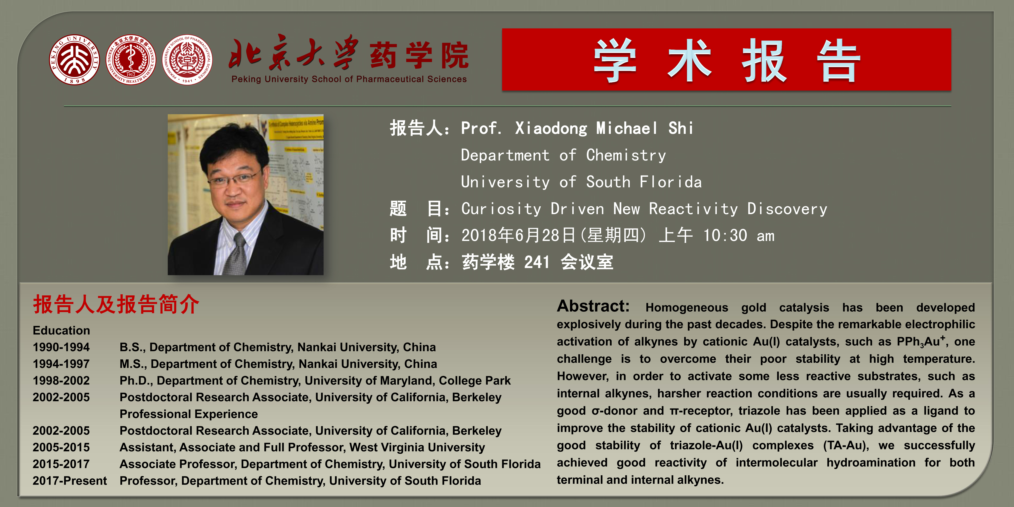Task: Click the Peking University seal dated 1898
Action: pyautogui.click(x=74, y=59)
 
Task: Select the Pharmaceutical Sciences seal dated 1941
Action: pyautogui.click(x=187, y=59)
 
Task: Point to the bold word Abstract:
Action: pyautogui.click(x=593, y=306)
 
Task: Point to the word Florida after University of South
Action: pyautogui.click(x=670, y=182)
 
